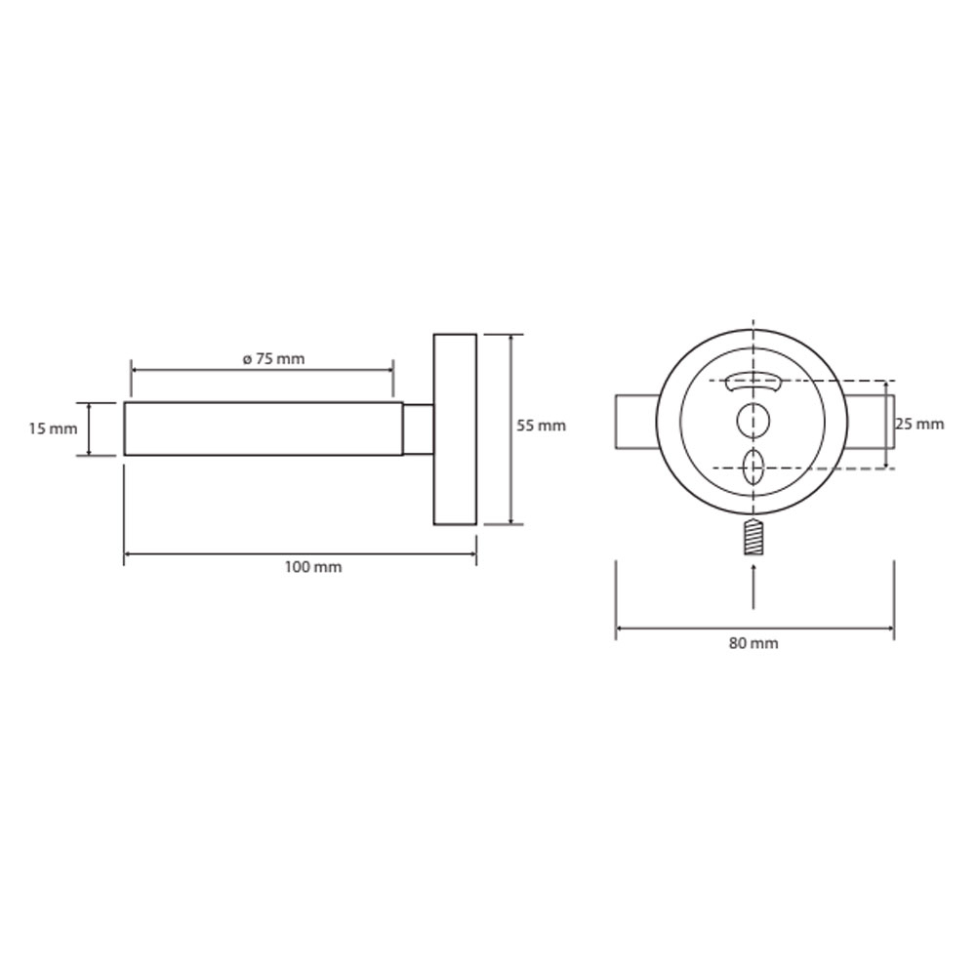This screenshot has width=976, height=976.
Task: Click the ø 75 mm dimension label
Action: tap(273, 359)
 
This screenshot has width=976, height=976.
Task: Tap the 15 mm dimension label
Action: tap(53, 428)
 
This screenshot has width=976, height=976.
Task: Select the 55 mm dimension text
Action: tap(541, 426)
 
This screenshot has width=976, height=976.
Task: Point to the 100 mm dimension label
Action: tap(313, 567)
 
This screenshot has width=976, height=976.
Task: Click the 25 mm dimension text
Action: tap(919, 424)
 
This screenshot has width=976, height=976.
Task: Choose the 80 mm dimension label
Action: tap(753, 643)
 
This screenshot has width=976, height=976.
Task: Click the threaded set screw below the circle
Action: tap(753, 536)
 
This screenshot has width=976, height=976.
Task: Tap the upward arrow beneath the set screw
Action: tap(753, 585)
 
